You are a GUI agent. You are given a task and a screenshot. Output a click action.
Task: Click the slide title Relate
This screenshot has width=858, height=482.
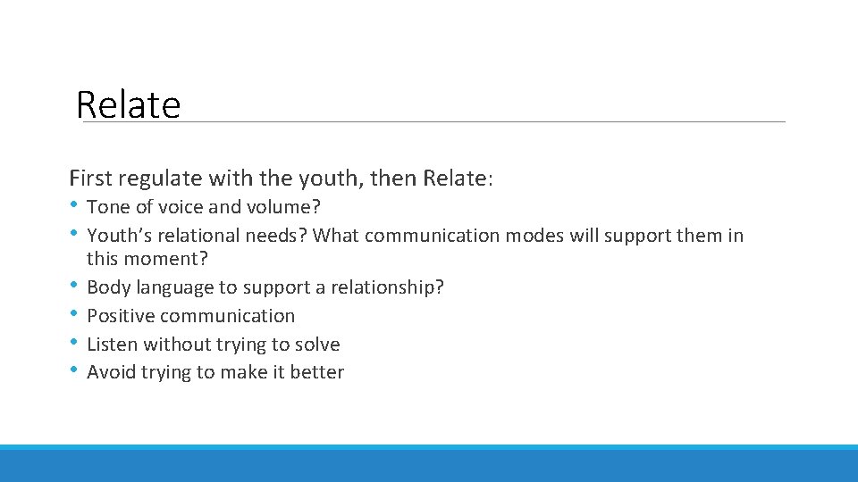point(129,104)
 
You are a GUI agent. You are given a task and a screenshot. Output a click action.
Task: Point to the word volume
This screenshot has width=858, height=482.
point(283,207)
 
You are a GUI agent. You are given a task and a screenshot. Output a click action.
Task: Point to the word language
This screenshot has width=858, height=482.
point(167,287)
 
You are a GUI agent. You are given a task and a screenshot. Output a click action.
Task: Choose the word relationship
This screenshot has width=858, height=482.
point(390,287)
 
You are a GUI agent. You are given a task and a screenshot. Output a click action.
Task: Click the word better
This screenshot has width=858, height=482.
point(316,373)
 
